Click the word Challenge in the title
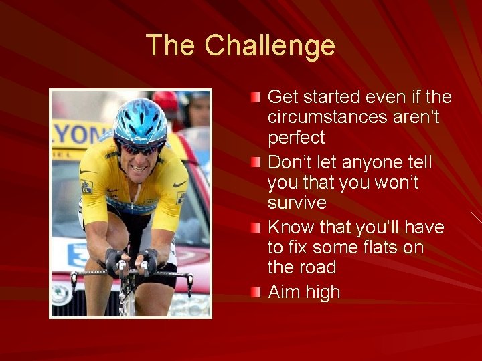click(270, 46)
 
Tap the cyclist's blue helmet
click(140, 121)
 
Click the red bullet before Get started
click(256, 98)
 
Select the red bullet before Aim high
click(256, 293)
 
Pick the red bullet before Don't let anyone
click(256, 163)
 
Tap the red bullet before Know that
click(256, 228)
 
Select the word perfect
click(296, 138)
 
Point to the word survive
click(297, 203)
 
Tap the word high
click(322, 292)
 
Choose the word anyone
click(371, 162)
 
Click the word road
click(318, 267)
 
